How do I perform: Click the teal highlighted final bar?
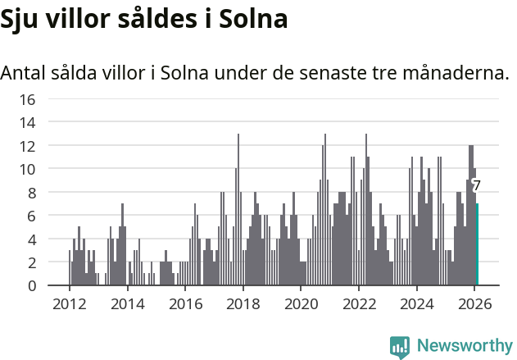click(x=477, y=244)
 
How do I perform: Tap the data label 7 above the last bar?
click(x=476, y=185)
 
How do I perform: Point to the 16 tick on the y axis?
click(x=27, y=99)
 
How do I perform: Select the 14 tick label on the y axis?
click(x=27, y=123)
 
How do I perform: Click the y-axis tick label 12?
click(x=27, y=146)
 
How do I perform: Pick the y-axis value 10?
click(x=27, y=169)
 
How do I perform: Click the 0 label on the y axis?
click(x=31, y=285)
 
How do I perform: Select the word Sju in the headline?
click(x=20, y=19)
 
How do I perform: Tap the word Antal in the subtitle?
click(x=25, y=72)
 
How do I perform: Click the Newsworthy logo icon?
click(x=400, y=346)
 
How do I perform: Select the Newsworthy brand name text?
click(x=465, y=346)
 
